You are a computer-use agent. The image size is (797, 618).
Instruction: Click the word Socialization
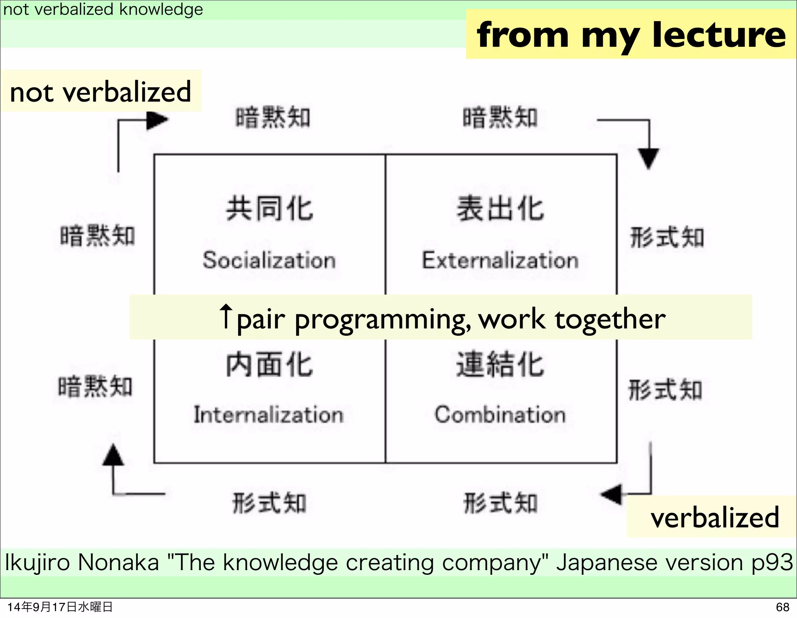(x=269, y=260)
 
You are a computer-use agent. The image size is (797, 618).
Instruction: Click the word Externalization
(x=500, y=260)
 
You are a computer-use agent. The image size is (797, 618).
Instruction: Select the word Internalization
(x=269, y=414)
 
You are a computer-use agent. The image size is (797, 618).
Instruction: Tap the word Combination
(x=500, y=414)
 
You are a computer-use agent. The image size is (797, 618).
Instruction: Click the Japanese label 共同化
(x=269, y=209)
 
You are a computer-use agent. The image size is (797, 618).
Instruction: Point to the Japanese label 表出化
(x=500, y=209)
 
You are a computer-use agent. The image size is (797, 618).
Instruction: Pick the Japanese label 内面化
(x=269, y=364)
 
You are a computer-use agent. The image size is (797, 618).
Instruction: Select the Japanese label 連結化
(x=500, y=364)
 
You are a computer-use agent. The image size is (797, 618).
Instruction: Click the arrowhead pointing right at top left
(x=156, y=120)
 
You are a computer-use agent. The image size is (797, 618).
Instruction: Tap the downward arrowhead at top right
(x=648, y=158)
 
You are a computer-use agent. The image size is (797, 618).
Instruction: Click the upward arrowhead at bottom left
(x=113, y=456)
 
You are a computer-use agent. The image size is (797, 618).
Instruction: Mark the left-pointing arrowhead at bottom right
(x=612, y=495)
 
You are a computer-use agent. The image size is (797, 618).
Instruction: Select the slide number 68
(x=782, y=607)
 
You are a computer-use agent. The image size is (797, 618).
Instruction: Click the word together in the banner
(x=610, y=319)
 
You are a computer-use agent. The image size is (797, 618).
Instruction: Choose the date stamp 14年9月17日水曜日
(x=60, y=607)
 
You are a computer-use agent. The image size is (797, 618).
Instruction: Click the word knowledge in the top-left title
(x=161, y=9)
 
